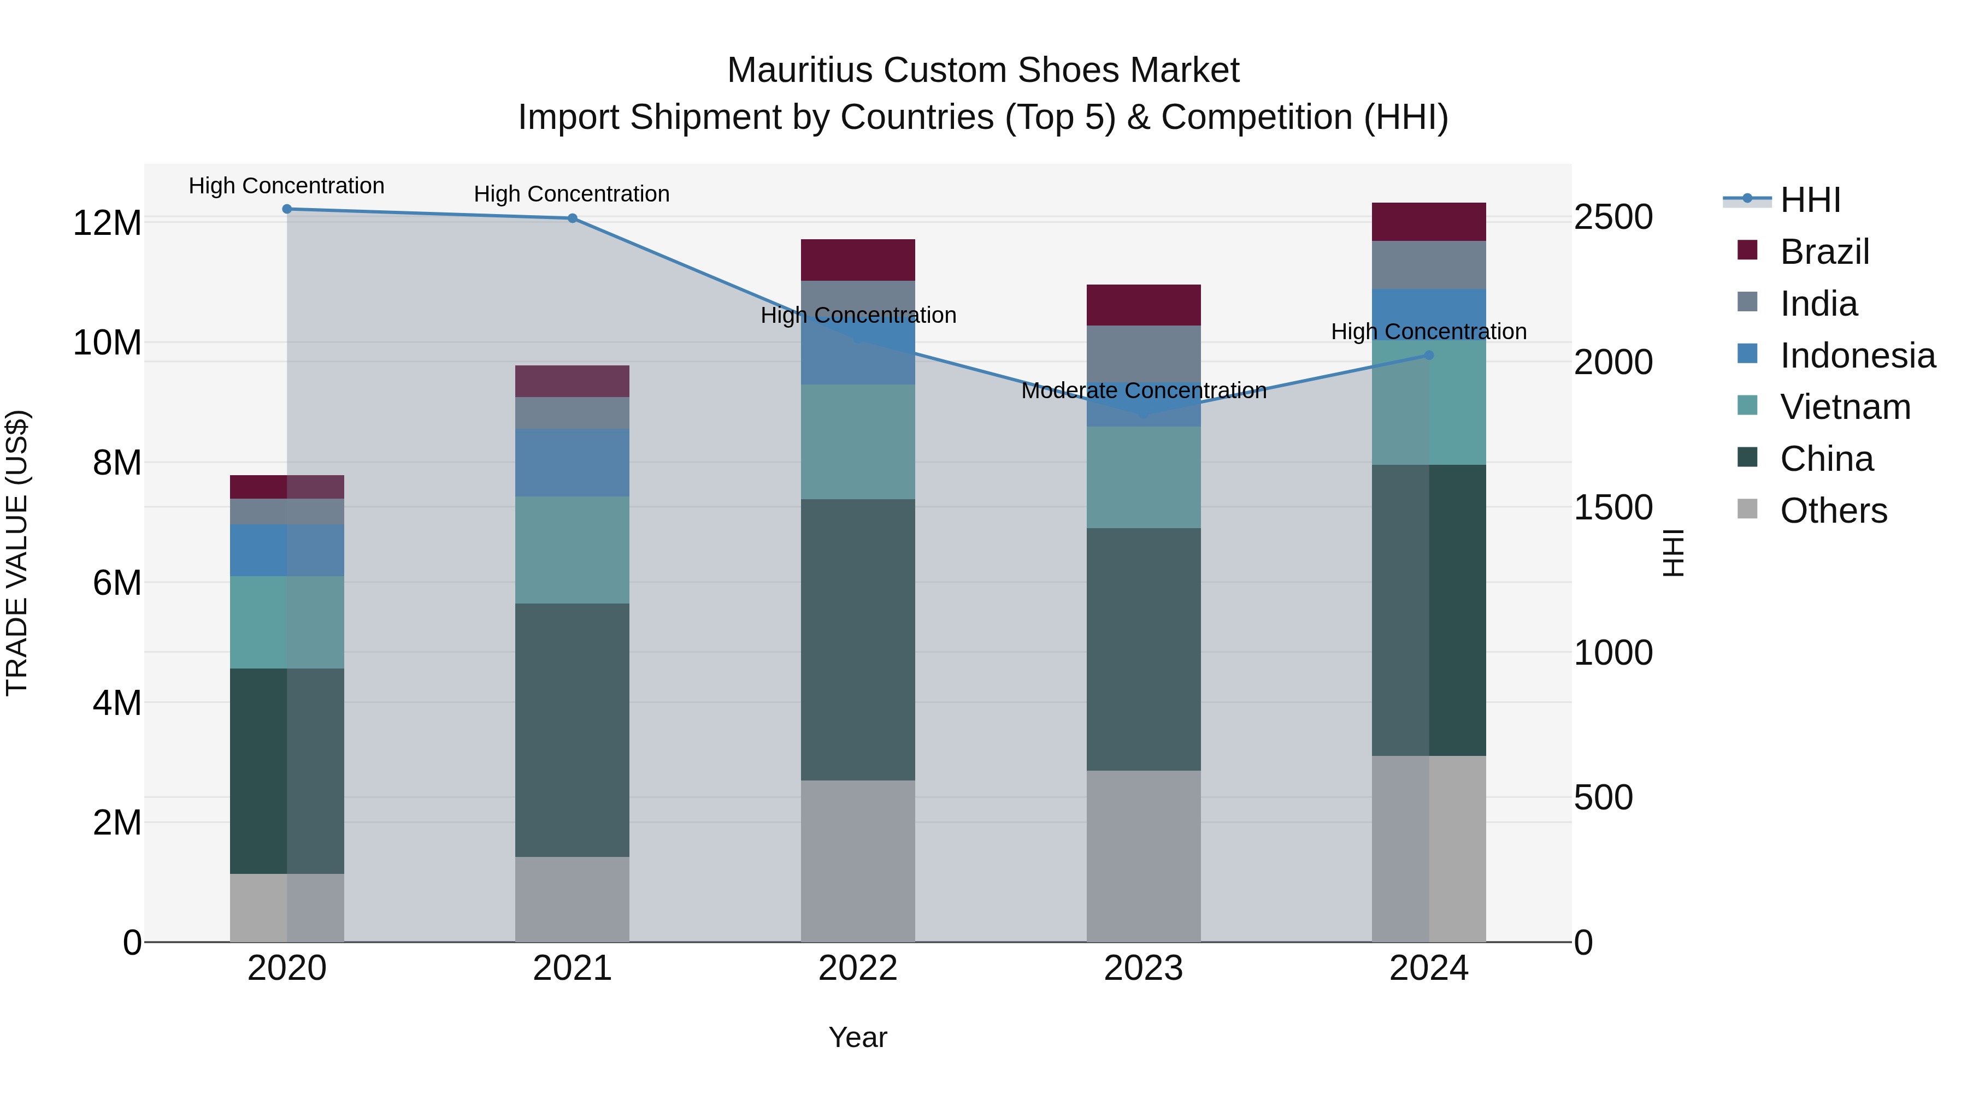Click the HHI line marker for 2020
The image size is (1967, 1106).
[x=287, y=209]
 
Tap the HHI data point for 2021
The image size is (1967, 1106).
[x=572, y=218]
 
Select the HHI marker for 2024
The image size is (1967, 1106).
[x=1429, y=355]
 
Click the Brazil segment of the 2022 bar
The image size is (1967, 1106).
[x=857, y=259]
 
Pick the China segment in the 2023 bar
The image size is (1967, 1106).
[x=1143, y=649]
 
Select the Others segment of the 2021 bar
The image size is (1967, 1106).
[x=572, y=898]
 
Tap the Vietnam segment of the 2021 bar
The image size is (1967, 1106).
[x=572, y=549]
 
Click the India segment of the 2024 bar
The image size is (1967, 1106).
[x=1429, y=265]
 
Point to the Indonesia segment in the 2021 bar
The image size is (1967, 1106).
[x=572, y=463]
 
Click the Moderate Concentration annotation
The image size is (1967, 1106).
[x=1143, y=391]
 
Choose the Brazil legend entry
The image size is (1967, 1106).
[x=1824, y=252]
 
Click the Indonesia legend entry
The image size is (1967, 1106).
[x=1857, y=356]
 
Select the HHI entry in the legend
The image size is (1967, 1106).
[x=1810, y=200]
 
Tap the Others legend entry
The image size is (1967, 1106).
[x=1833, y=511]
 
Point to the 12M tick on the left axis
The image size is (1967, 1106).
[x=107, y=223]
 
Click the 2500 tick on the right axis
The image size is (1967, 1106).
[x=1613, y=217]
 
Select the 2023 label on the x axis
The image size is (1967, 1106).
[x=1143, y=968]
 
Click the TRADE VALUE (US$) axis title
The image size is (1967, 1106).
[x=17, y=553]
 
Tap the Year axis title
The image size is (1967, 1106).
[x=857, y=1037]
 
